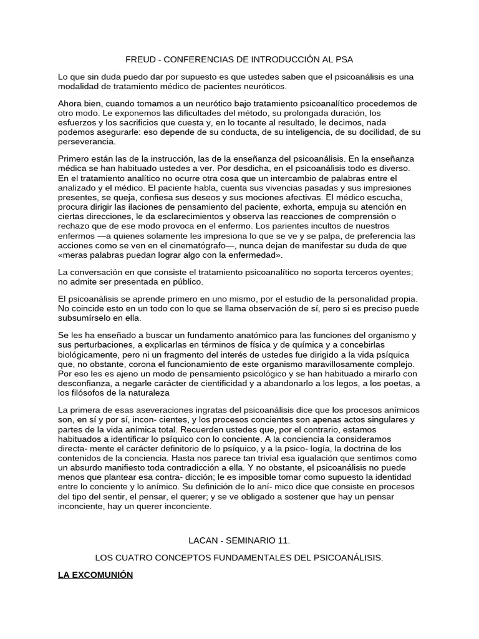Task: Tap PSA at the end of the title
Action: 344,59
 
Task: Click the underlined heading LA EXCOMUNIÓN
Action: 95,575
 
